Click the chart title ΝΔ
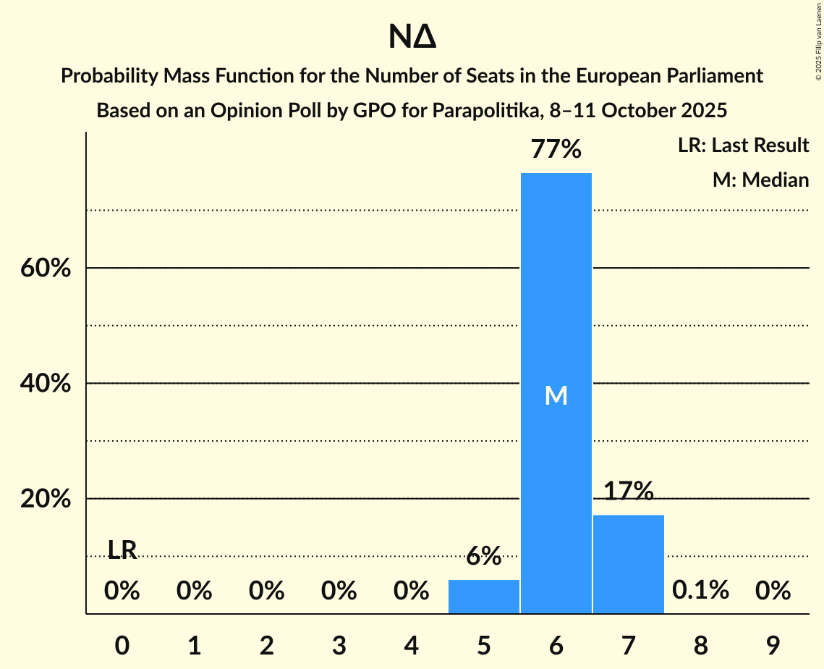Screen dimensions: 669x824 click(412, 37)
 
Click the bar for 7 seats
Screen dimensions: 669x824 click(628, 564)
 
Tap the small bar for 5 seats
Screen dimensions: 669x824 click(483, 597)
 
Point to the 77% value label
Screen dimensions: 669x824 click(556, 149)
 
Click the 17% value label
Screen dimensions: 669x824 click(628, 492)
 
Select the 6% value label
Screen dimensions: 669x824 click(483, 556)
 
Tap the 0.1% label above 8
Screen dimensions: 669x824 click(700, 591)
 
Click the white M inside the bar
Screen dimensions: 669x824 click(556, 395)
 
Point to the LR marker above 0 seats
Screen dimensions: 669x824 click(122, 550)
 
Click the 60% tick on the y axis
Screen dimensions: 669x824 click(45, 269)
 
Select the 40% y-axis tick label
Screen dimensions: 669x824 click(45, 384)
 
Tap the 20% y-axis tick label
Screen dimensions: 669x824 click(45, 500)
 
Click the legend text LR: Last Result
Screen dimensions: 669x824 click(743, 146)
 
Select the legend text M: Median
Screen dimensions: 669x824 click(760, 180)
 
